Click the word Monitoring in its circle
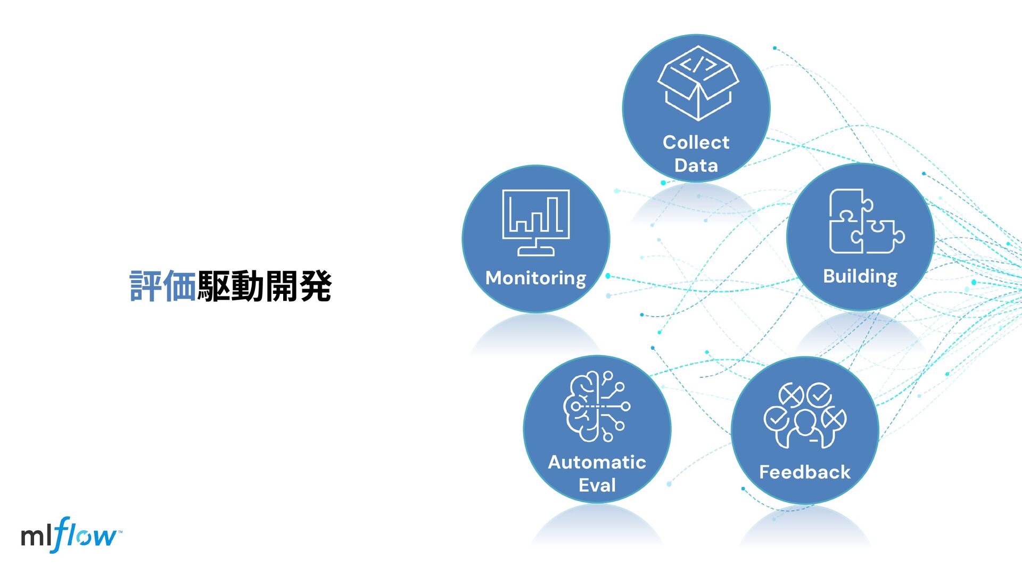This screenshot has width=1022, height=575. click(x=535, y=278)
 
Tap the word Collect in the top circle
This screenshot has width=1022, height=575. click(x=696, y=142)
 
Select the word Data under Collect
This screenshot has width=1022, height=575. click(x=696, y=166)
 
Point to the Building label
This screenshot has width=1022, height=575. click(x=860, y=276)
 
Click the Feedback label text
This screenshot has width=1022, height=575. click(x=804, y=472)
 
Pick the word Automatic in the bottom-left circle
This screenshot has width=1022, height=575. click(x=597, y=462)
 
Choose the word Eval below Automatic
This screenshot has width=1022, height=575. click(x=597, y=485)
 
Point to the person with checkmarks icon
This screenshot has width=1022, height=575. click(x=804, y=415)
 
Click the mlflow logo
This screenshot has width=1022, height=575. click(x=70, y=535)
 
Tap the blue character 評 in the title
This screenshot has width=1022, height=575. click(x=146, y=286)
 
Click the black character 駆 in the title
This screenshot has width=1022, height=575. click(x=214, y=286)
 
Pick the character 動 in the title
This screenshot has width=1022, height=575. click(x=248, y=286)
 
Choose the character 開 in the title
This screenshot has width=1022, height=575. click(x=282, y=286)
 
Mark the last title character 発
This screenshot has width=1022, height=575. click(x=315, y=286)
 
